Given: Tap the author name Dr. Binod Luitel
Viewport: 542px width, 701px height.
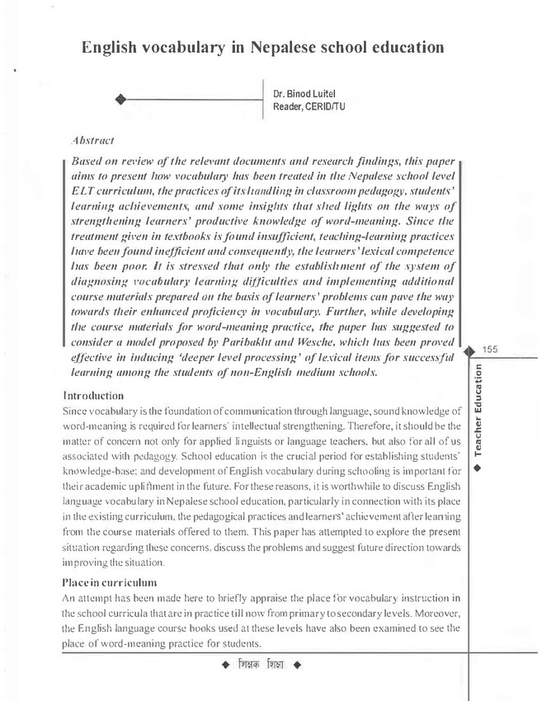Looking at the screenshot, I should [306, 92].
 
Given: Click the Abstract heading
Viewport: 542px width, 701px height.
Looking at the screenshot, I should [93, 141].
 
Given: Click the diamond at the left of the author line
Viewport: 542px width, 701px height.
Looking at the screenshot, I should [120, 100].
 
